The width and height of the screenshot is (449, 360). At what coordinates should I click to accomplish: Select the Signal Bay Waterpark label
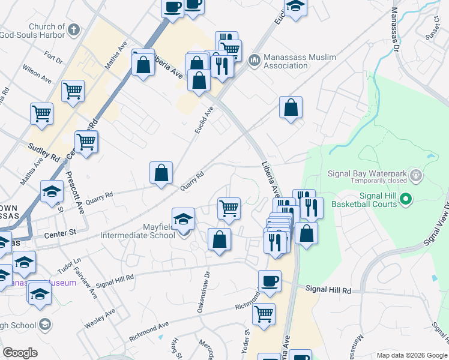point(367,174)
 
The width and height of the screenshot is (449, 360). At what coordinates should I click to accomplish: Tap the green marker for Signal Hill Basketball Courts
point(406,199)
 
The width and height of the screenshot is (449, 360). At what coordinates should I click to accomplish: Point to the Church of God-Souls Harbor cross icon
point(74,29)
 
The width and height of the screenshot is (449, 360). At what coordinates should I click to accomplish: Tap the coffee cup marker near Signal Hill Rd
point(270,280)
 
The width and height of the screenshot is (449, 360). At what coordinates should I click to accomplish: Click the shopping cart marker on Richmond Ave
point(264,313)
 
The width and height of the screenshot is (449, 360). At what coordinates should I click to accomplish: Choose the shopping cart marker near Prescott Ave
point(86,142)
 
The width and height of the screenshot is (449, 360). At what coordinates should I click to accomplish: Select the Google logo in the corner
point(20,353)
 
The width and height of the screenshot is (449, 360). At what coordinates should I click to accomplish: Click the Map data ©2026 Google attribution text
point(411,355)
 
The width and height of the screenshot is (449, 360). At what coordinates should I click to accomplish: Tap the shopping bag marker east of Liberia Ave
point(291,108)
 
